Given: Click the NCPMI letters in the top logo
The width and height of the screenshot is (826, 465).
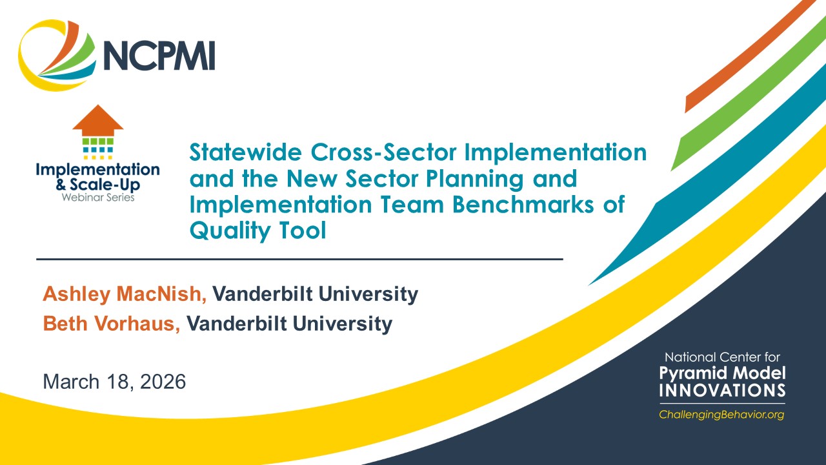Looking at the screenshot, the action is point(159,56).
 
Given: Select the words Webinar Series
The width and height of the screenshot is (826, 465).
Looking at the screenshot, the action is point(98,198).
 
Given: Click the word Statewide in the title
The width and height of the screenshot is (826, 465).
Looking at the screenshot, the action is point(246,152).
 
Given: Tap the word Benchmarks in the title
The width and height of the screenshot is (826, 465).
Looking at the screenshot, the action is point(523,205).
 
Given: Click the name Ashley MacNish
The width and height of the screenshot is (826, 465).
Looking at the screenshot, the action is point(125,294).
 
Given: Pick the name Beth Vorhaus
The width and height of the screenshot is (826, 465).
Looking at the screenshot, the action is point(112,324).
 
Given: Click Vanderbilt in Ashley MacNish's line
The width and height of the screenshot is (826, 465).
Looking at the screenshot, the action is point(263,294).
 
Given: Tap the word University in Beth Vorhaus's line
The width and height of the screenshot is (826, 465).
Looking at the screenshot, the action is point(343,324).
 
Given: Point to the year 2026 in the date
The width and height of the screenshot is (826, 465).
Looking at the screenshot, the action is point(163,382).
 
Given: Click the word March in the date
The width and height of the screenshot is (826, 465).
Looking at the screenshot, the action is point(71,382).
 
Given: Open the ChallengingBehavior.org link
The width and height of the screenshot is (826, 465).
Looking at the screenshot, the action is point(721,415).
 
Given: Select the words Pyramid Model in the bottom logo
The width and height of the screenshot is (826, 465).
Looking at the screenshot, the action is point(722,373).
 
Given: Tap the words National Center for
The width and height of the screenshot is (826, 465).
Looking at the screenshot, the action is point(722,357).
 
